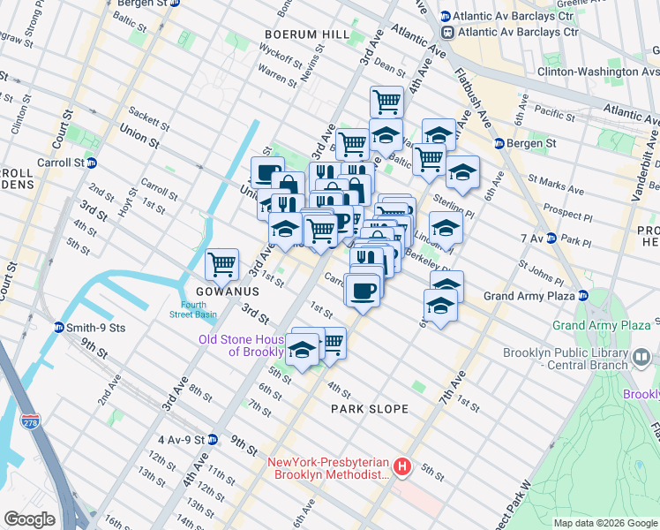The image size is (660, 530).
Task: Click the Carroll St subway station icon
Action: tap(92, 163)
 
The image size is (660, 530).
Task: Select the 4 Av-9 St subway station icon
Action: tap(213, 439)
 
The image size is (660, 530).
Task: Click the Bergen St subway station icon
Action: tap(499, 143)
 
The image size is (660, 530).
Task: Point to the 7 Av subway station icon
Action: tap(551, 238)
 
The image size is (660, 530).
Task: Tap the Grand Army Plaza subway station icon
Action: tap(582, 296)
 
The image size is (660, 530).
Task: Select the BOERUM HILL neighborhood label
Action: tap(300, 34)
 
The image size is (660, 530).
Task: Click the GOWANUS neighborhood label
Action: tap(221, 291)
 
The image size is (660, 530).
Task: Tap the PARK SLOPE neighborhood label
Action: tap(370, 409)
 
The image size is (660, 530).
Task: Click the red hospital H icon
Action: tap(402, 466)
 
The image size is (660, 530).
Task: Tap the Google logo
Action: tap(29, 519)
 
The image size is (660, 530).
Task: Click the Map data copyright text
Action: tap(604, 523)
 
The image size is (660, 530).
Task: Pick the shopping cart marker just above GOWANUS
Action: tap(222, 263)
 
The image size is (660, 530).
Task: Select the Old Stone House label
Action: tap(242, 345)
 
